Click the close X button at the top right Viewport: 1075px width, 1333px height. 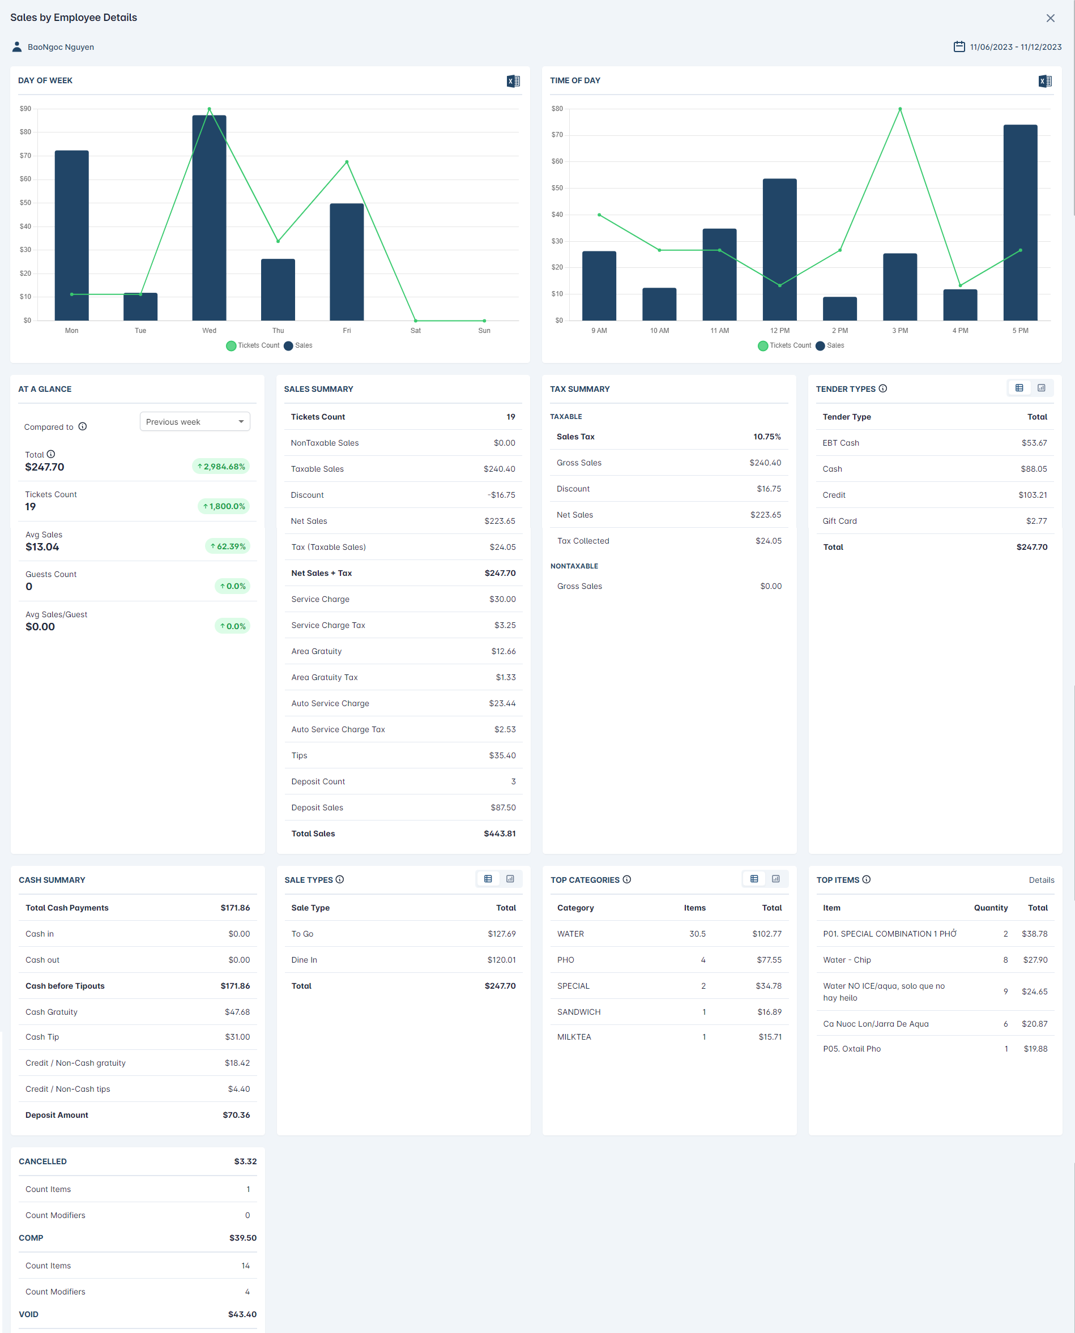(x=1050, y=18)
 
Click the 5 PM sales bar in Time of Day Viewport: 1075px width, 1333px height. (x=1020, y=223)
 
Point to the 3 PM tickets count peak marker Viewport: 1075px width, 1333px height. (x=900, y=109)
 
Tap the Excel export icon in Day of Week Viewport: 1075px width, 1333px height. (x=513, y=81)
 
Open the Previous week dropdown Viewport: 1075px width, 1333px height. (x=194, y=422)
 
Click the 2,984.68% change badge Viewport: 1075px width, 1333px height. (x=220, y=466)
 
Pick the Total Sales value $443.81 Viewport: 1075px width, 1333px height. (x=499, y=834)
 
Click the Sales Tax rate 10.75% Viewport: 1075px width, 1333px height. (x=767, y=437)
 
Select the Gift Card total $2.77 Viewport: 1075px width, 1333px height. (x=1036, y=521)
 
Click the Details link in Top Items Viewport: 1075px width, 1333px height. (x=1041, y=880)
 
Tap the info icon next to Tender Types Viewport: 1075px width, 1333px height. (x=882, y=389)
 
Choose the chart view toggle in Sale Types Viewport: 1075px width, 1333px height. (x=510, y=879)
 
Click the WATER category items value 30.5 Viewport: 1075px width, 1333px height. (x=697, y=934)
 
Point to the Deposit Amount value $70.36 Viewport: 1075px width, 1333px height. (x=236, y=1115)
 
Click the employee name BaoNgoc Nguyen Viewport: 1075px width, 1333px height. (x=61, y=47)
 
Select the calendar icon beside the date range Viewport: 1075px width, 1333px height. (x=958, y=46)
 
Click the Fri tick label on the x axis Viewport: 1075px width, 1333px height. (x=347, y=331)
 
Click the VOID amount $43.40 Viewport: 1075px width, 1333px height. (x=241, y=1314)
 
